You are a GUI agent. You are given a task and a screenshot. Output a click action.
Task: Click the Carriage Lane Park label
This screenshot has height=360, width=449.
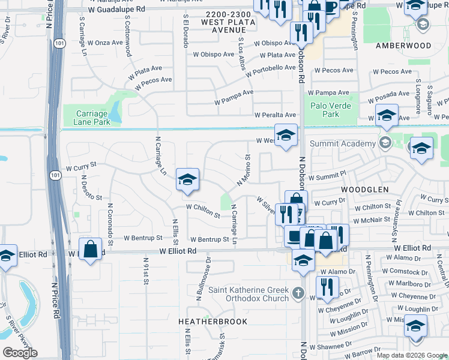pyautogui.click(x=93, y=118)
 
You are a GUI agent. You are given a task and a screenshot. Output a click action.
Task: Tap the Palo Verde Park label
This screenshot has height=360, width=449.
pyautogui.click(x=325, y=110)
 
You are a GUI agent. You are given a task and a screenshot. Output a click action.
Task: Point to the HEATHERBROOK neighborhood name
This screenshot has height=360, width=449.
pyautogui.click(x=213, y=322)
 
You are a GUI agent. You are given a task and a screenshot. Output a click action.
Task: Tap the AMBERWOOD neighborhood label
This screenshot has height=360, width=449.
pyautogui.click(x=403, y=46)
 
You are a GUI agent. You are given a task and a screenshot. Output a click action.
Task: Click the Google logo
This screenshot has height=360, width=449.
pyautogui.click(x=20, y=352)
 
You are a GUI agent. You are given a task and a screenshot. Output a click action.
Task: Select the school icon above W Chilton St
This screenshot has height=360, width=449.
pyautogui.click(x=187, y=179)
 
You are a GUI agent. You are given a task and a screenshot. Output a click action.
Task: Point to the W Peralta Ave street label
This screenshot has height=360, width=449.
pyautogui.click(x=275, y=115)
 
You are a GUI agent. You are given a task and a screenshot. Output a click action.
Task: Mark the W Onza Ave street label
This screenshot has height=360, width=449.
pyautogui.click(x=105, y=43)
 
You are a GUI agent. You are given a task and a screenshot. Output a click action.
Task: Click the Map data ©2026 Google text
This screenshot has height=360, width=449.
pyautogui.click(x=411, y=355)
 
